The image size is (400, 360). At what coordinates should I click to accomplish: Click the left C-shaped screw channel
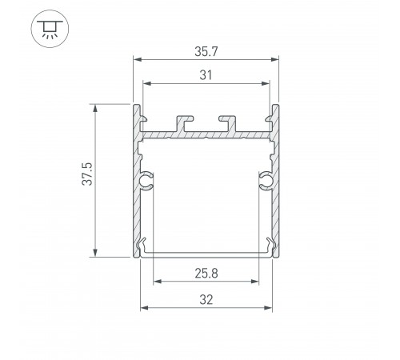pyautogui.click(x=146, y=182)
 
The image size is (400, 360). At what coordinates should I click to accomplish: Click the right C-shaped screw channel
pyautogui.click(x=264, y=182)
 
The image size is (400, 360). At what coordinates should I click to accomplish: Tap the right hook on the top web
pyautogui.click(x=226, y=122)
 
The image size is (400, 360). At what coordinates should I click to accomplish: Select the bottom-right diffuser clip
pyautogui.click(x=270, y=246)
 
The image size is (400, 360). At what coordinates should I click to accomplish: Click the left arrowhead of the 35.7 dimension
pyautogui.click(x=135, y=59)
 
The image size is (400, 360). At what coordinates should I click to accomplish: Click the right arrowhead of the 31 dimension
pyautogui.click(x=267, y=83)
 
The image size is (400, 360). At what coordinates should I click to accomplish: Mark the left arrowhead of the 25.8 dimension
pyautogui.click(x=156, y=282)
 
